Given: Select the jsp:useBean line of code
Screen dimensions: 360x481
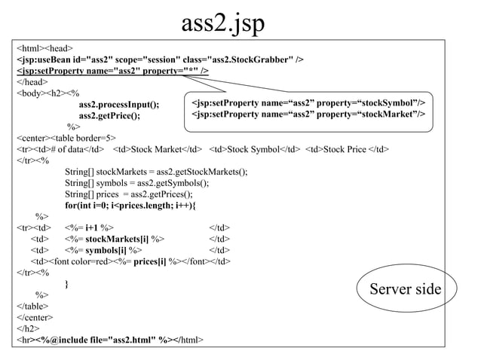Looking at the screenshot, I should (x=161, y=59).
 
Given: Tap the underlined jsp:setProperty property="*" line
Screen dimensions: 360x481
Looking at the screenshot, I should (x=113, y=71).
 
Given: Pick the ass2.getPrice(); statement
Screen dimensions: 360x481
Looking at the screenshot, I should (x=109, y=115).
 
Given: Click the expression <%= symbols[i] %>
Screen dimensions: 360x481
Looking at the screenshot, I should (x=103, y=250).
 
